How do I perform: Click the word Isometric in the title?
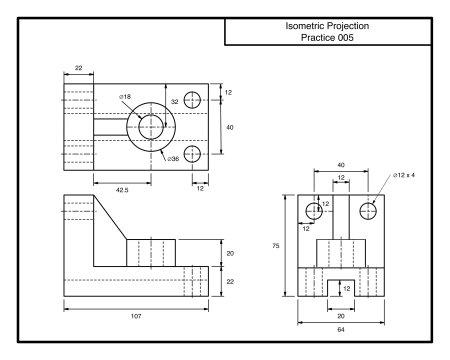pyautogui.click(x=305, y=26)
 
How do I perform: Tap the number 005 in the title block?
pyautogui.click(x=345, y=37)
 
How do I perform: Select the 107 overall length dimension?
pyautogui.click(x=136, y=316)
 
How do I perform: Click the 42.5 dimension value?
pyautogui.click(x=122, y=190)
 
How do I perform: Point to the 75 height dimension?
pyautogui.click(x=276, y=246)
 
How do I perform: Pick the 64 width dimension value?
pyautogui.click(x=341, y=330)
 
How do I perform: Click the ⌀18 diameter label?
pyautogui.click(x=125, y=97)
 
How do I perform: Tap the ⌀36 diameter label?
pyautogui.click(x=173, y=159)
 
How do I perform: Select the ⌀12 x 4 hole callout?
pyautogui.click(x=404, y=175)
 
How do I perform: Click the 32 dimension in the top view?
pyautogui.click(x=175, y=102)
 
